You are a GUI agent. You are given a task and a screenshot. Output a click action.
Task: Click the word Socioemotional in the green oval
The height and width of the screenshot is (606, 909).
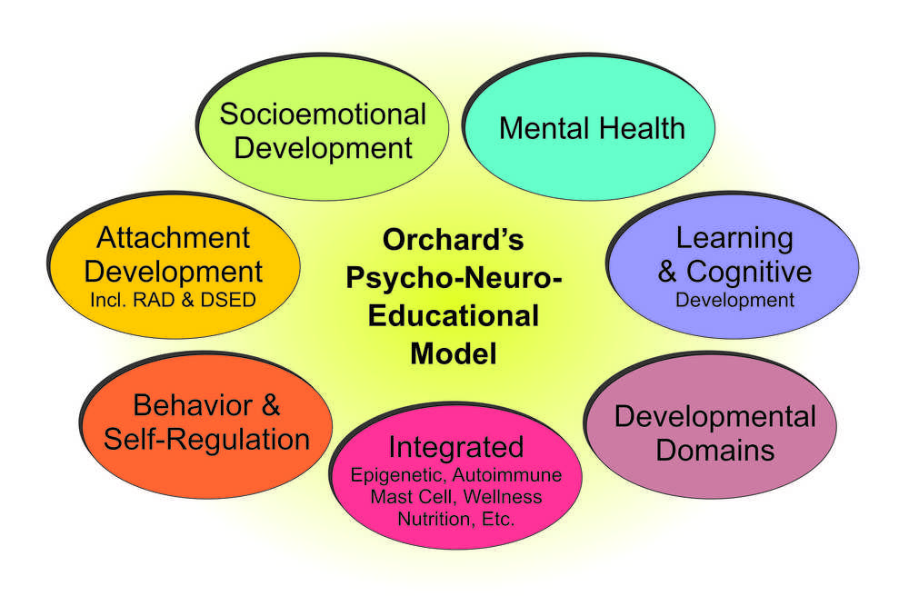323,114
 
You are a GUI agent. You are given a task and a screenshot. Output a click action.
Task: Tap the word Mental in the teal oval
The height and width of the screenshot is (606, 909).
543,128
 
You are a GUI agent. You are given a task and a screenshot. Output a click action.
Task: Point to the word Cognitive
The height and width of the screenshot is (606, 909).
749,271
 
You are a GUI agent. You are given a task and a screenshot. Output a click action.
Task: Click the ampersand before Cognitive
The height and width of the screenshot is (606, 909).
667,272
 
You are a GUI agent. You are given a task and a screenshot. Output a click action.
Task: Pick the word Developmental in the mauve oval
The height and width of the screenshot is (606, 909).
714,416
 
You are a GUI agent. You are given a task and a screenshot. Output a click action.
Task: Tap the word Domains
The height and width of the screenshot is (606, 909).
714,450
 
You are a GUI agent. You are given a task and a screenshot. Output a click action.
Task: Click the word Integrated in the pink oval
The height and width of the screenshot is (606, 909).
456,448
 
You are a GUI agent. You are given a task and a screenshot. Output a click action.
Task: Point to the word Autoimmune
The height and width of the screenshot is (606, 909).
507,475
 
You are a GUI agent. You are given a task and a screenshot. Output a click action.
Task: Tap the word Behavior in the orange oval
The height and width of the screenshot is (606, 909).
193,405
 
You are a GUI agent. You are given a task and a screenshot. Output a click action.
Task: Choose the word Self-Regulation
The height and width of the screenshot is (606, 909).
206,439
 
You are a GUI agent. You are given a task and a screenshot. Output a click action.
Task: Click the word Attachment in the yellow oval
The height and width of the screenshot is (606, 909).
173,237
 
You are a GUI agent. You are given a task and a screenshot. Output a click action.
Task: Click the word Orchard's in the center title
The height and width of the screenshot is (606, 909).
453,240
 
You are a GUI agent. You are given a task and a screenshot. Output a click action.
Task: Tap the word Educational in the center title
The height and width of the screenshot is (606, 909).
454,316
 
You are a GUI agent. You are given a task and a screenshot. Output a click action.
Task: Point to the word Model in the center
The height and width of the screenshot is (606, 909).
454,353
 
